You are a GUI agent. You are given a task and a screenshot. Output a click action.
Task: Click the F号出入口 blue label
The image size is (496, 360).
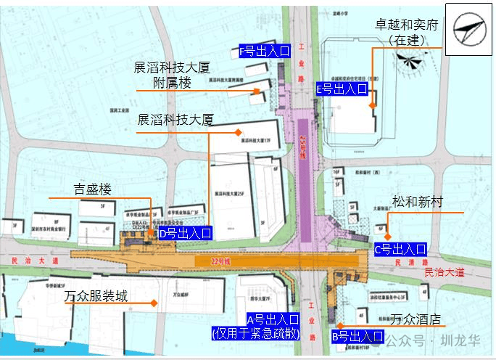[x=265, y=52]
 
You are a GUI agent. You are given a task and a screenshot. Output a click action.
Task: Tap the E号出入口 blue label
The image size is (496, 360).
[x=342, y=89]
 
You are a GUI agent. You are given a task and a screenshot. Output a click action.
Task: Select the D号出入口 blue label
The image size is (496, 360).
[x=185, y=233]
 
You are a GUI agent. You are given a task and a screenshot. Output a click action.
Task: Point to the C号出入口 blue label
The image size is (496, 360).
[x=400, y=249]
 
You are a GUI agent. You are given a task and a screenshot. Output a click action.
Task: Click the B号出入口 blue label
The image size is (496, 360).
[x=357, y=337]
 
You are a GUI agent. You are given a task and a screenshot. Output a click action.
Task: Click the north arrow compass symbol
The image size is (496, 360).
[x=465, y=28]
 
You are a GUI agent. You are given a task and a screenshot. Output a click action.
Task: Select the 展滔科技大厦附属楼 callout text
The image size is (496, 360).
[x=172, y=75]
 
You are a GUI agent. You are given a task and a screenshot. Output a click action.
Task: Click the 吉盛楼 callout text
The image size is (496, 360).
[x=93, y=189]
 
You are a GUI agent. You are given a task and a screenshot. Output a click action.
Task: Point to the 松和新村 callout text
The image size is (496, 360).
[x=417, y=202]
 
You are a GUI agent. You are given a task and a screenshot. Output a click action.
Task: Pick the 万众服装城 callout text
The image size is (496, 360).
[x=96, y=297]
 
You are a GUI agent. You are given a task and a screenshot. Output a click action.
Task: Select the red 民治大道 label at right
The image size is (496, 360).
[x=445, y=272]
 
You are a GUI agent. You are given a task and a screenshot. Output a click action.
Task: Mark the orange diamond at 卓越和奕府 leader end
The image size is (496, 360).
[x=372, y=105]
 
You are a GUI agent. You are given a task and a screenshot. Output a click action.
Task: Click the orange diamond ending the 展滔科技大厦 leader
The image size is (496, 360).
[x=237, y=132]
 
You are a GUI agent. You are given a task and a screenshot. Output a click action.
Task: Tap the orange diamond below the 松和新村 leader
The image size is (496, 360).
[x=388, y=237]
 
